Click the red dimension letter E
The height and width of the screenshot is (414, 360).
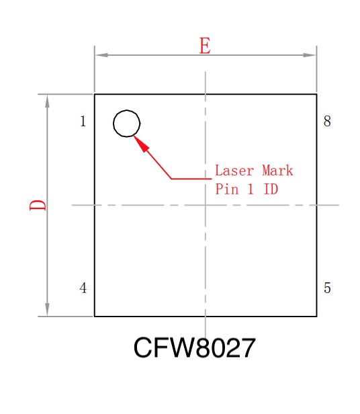pyautogui.click(x=205, y=46)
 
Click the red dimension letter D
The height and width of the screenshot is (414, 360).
pyautogui.click(x=38, y=205)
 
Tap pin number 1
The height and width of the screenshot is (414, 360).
pyautogui.click(x=83, y=122)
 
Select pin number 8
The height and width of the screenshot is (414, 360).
pyautogui.click(x=327, y=122)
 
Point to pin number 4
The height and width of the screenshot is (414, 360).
pyautogui.click(x=83, y=288)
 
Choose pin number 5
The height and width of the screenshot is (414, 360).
pyautogui.click(x=327, y=288)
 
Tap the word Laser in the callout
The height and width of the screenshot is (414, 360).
pyautogui.click(x=234, y=170)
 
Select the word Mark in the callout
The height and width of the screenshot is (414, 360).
pyautogui.click(x=277, y=170)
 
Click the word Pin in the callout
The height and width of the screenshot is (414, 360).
pyautogui.click(x=227, y=189)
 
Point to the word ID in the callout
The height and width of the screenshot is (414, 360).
pyautogui.click(x=271, y=189)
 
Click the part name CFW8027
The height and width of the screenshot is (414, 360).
pyautogui.click(x=195, y=347)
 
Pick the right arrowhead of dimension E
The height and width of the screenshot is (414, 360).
pyautogui.click(x=310, y=55)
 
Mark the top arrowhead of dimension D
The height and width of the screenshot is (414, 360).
pyautogui.click(x=47, y=101)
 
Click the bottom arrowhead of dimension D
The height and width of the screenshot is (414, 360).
pyautogui.click(x=47, y=309)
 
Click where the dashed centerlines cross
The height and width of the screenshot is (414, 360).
pyautogui.click(x=206, y=205)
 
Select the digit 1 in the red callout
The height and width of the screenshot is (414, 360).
pyautogui.click(x=251, y=189)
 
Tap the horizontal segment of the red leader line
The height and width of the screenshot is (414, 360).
pyautogui.click(x=191, y=179)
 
